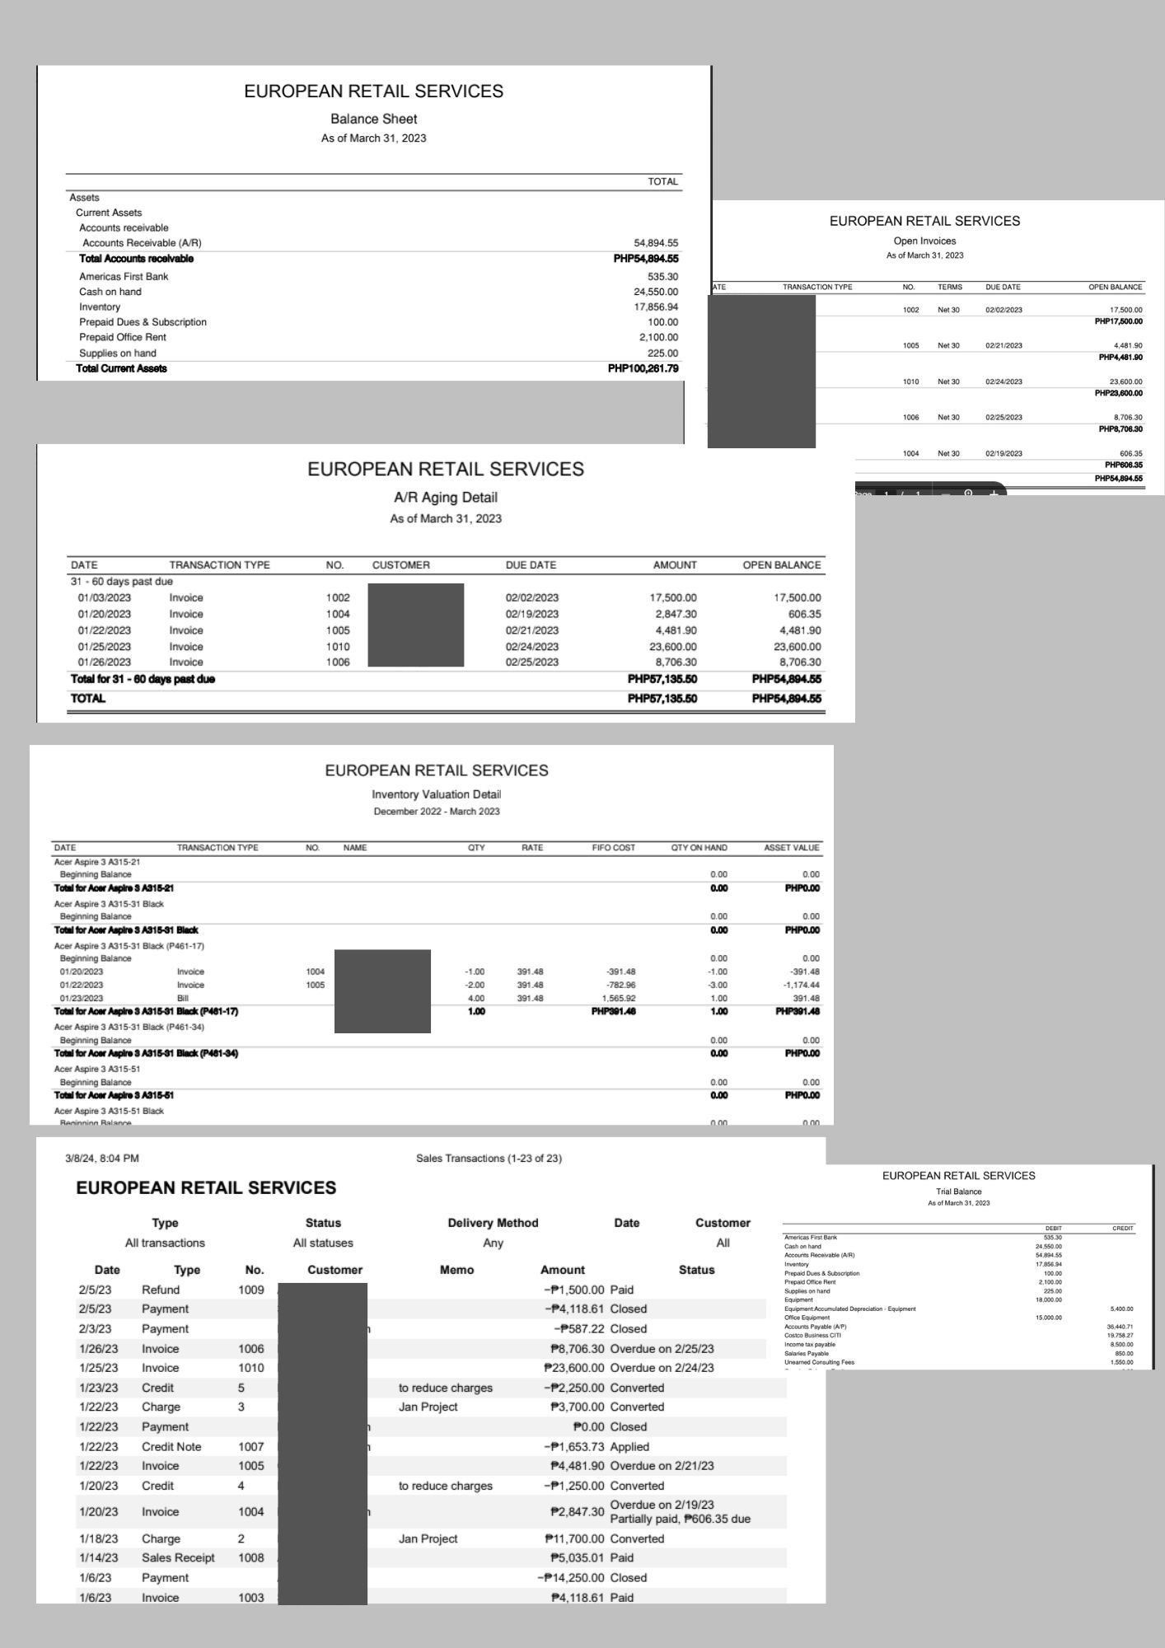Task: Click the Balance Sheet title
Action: tap(373, 119)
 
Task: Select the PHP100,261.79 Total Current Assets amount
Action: tap(643, 368)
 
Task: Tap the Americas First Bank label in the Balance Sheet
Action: tap(124, 277)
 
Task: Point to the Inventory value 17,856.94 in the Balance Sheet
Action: tap(656, 307)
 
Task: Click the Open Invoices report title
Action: tap(924, 241)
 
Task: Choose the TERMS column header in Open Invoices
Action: tap(949, 287)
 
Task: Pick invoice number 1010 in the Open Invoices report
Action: tap(910, 382)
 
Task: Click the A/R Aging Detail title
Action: tap(445, 497)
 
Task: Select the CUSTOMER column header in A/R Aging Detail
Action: tap(400, 565)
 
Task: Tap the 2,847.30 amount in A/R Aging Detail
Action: tap(673, 614)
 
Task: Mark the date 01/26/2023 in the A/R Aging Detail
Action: tap(104, 662)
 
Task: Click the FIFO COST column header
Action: tap(613, 847)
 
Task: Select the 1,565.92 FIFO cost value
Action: tap(620, 998)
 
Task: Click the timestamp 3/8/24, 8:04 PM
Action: tap(102, 1158)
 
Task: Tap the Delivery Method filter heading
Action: tap(493, 1223)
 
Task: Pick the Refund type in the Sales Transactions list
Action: tap(160, 1290)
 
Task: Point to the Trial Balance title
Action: tap(958, 1192)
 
